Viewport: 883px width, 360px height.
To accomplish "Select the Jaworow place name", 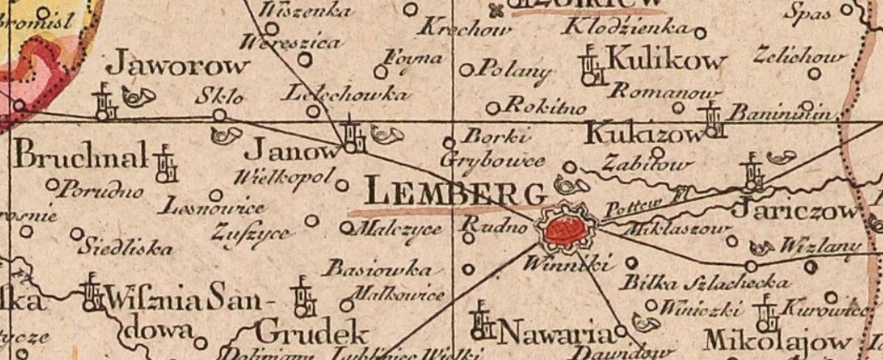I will tap(180, 66).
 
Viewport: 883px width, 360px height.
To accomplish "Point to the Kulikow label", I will tap(664, 61).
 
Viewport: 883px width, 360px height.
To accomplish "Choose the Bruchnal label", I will tap(81, 156).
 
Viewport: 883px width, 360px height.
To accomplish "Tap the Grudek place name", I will tap(313, 329).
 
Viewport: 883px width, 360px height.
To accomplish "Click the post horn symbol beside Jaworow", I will tap(134, 98).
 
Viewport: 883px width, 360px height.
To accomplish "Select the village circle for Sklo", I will tap(219, 114).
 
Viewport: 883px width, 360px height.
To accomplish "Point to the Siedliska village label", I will tap(126, 248).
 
